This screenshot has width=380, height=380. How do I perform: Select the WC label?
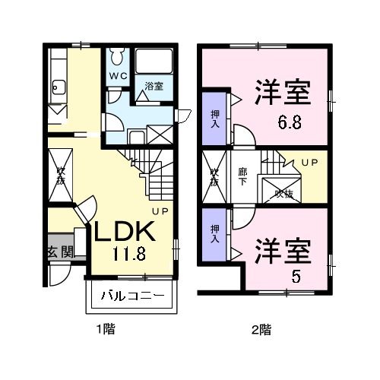116,76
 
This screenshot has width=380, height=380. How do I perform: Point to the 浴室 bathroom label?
154,86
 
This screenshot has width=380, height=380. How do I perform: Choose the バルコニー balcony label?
128,296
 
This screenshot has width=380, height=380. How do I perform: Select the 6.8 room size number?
289,122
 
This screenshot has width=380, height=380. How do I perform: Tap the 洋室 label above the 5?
282,250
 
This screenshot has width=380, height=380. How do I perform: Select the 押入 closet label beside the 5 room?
214,233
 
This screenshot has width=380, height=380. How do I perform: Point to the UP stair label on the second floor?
309,163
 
